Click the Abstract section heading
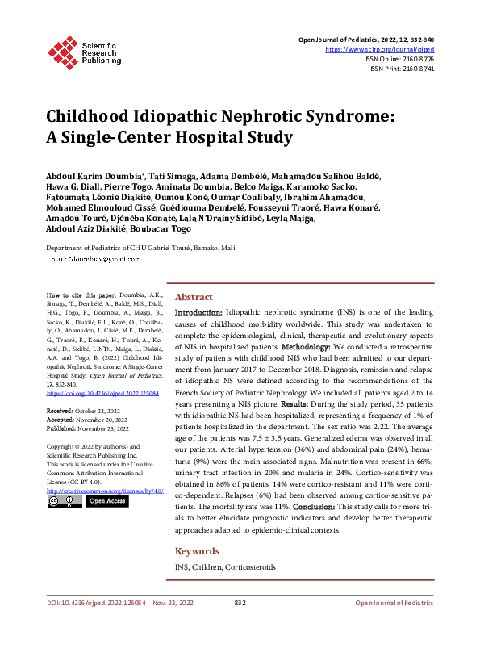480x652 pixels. coord(194,297)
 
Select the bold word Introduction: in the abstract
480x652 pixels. coord(198,312)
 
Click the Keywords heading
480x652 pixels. coord(197,551)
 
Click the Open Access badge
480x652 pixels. coord(106,501)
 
